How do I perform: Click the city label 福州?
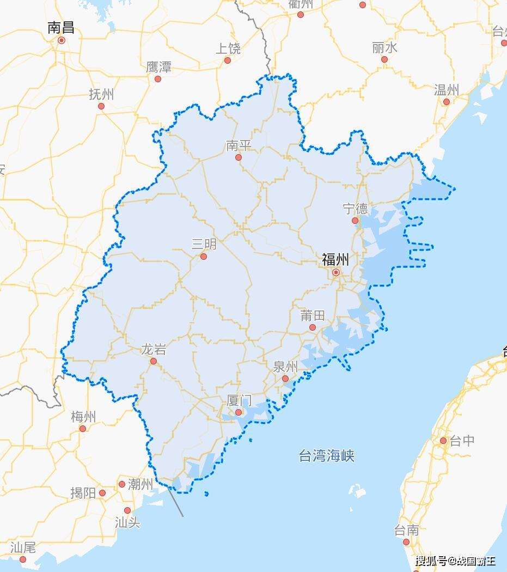(335, 259)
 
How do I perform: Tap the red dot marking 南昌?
(62, 40)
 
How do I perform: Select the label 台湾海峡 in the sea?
(327, 455)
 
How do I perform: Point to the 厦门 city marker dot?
(239, 412)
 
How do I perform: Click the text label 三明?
(204, 244)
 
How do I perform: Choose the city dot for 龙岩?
(154, 361)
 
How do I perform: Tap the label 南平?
(239, 145)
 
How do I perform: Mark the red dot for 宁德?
(355, 221)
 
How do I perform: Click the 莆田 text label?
(313, 315)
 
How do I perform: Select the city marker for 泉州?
(285, 379)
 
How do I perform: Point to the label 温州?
(447, 90)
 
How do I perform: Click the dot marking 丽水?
(384, 59)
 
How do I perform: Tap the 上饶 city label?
(228, 48)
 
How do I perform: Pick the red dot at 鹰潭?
(158, 79)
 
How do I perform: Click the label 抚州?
(101, 94)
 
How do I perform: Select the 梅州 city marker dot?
(83, 429)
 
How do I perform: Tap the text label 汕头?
(127, 523)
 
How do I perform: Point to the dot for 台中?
(443, 441)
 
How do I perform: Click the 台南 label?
(406, 530)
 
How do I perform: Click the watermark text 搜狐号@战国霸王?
(456, 561)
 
